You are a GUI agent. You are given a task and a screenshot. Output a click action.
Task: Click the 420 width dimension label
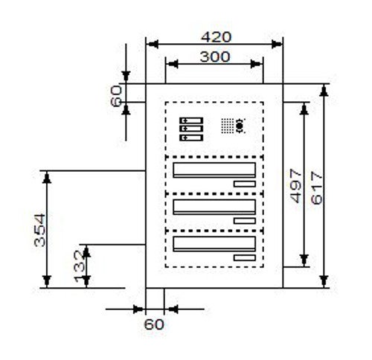(x=216, y=37)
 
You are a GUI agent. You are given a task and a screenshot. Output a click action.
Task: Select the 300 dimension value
(x=215, y=57)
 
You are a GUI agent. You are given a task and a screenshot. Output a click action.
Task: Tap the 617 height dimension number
(x=317, y=188)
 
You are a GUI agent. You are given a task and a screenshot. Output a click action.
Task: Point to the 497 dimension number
(x=296, y=186)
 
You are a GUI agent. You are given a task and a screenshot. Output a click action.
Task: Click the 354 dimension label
(x=39, y=231)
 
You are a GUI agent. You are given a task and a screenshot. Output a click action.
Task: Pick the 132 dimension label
(x=80, y=266)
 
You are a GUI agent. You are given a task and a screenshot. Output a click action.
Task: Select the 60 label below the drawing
(x=154, y=324)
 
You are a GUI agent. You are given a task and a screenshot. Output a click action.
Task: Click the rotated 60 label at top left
(x=116, y=96)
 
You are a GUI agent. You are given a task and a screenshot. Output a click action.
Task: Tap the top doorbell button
(x=191, y=120)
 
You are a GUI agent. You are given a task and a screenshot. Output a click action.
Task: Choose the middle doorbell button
(x=191, y=129)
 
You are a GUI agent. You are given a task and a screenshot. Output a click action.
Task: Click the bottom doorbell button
(x=191, y=138)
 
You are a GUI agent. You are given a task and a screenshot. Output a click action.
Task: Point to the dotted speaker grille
(x=228, y=126)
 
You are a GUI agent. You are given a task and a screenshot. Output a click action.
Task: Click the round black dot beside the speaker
(x=240, y=126)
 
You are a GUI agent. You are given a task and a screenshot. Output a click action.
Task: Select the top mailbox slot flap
(x=214, y=170)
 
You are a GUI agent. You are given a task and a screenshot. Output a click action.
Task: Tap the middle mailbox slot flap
(x=214, y=207)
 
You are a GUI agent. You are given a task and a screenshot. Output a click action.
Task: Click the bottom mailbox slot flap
(x=214, y=244)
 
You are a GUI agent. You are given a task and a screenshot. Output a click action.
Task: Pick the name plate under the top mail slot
(x=245, y=184)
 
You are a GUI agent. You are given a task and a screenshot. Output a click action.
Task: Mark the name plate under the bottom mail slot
(x=245, y=258)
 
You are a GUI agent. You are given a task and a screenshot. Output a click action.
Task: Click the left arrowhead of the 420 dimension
(x=152, y=45)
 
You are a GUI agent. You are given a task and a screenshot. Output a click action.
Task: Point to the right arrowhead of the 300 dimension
(x=256, y=64)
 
